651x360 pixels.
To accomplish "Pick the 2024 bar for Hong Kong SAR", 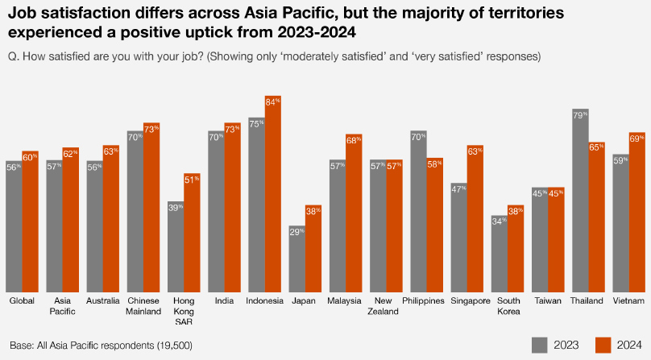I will coord(192,233).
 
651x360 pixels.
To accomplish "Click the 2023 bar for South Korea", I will coord(500,254).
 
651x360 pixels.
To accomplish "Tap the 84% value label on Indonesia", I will coord(273,102).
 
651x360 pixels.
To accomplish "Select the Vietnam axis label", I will coord(628,300).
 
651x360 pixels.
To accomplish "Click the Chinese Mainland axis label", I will coord(143,305).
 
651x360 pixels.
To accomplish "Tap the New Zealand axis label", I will coord(385,305).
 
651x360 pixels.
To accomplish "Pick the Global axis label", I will coord(22,300).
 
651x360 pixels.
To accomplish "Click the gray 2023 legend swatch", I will coord(540,345).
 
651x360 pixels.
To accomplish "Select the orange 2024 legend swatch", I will coord(603,345).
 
